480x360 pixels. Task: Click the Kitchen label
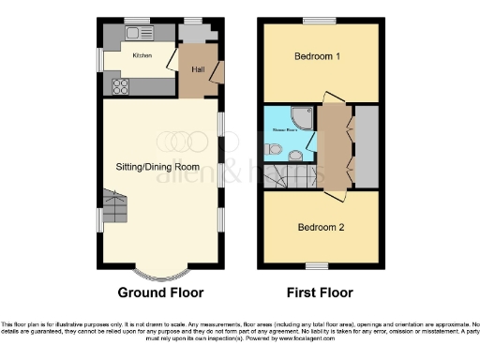142,56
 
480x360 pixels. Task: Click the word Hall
199,69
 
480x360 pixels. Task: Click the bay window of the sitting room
159,274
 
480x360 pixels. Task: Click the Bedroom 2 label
321,227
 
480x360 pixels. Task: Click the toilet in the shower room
276,150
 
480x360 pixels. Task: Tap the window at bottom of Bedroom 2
321,266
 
